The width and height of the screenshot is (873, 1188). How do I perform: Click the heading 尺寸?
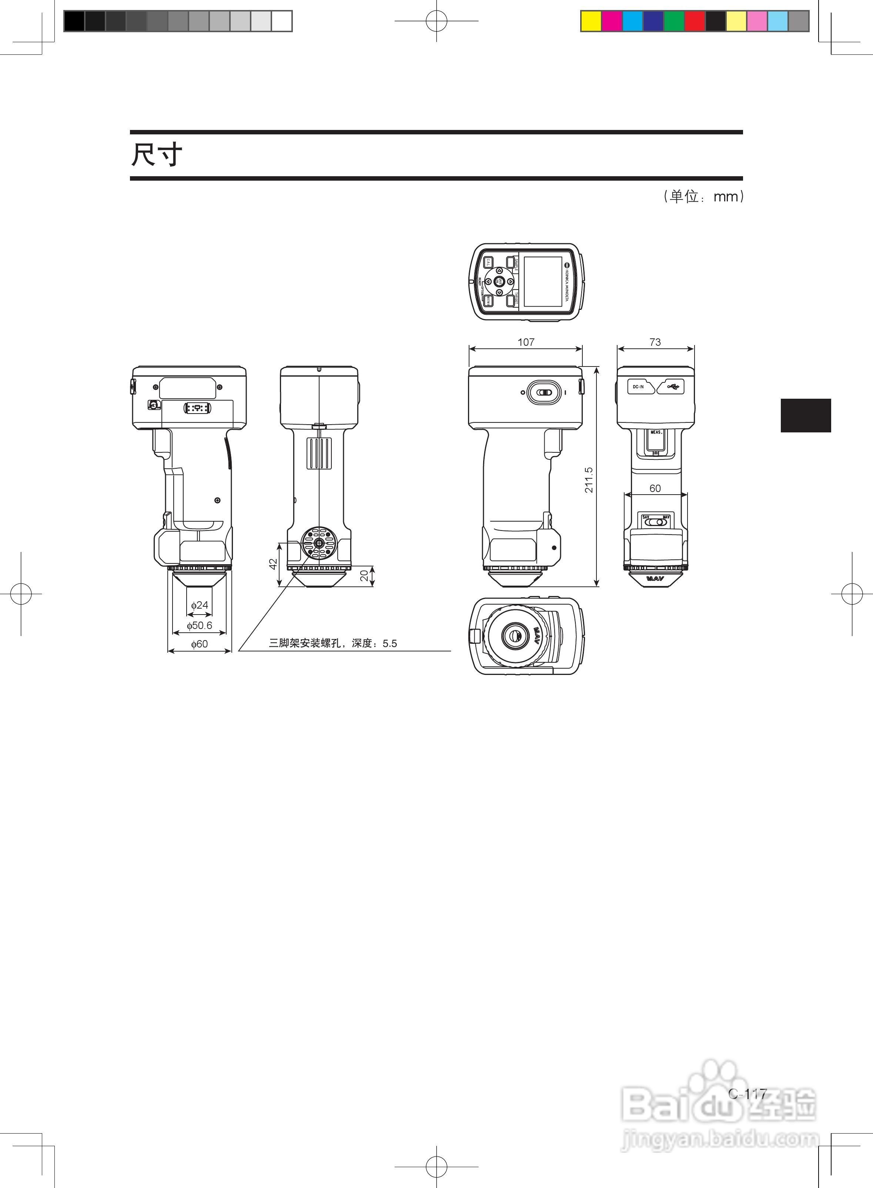tap(156, 155)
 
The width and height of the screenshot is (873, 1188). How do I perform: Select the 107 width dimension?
tap(526, 342)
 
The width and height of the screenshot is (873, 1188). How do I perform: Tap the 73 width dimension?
tap(655, 342)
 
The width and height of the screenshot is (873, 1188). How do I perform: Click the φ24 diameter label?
tap(200, 605)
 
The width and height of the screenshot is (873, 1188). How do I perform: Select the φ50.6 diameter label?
tap(199, 625)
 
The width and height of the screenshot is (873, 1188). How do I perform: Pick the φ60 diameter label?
tap(199, 644)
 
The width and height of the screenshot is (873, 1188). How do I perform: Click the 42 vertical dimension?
tap(273, 564)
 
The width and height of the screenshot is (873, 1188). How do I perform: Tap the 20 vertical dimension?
tap(364, 576)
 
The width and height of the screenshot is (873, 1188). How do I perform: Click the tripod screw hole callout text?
tap(333, 643)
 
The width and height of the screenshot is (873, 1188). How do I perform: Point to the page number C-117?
tap(747, 1093)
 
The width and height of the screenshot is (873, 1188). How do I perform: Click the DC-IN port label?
tap(638, 387)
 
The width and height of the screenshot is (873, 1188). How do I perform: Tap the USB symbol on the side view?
tap(673, 387)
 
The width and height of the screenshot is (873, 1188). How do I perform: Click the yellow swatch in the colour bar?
tap(591, 21)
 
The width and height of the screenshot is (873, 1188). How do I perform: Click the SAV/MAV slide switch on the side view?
tap(656, 521)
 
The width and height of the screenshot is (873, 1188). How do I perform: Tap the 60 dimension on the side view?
tap(655, 488)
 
